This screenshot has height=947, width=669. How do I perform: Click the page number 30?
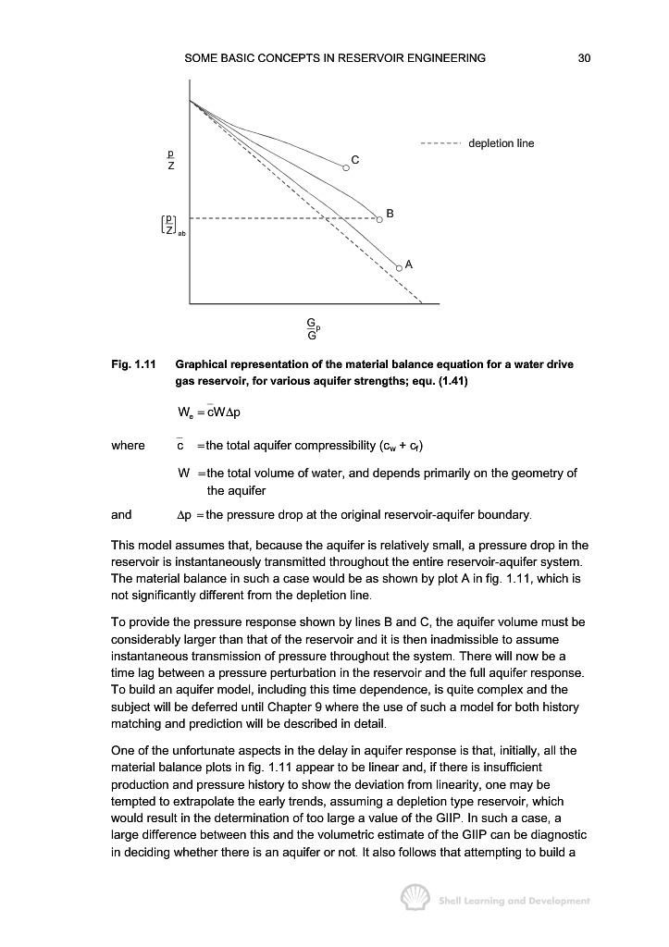tap(584, 58)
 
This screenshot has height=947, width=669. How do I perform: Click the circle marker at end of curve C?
tap(346, 167)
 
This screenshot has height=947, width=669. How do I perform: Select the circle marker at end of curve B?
tap(380, 219)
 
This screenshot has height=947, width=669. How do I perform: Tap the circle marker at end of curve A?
tap(399, 266)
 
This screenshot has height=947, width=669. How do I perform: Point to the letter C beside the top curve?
tap(355, 159)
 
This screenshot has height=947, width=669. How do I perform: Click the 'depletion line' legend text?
tap(502, 143)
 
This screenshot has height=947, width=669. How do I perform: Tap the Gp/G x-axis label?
tap(314, 328)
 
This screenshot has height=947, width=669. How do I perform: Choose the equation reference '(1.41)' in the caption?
tap(452, 381)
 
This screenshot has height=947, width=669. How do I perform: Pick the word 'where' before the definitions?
tap(128, 446)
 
